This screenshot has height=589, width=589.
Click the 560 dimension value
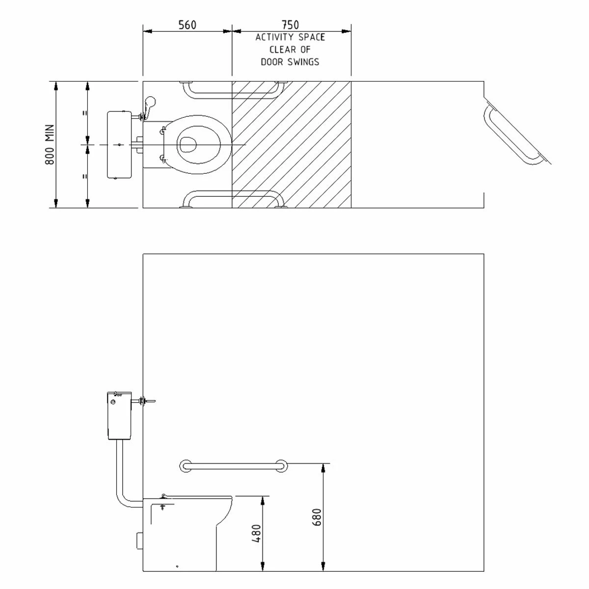pos(187,25)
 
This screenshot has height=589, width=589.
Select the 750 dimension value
pos(291,25)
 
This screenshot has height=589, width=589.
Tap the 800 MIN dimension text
pos(50,144)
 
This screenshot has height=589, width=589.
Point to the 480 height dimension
pos(256,534)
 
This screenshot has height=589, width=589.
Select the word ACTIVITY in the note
pos(273,37)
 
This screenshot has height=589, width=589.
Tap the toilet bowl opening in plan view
pos(187,144)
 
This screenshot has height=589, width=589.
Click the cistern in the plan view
pos(119,145)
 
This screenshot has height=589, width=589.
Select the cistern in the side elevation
pos(119,415)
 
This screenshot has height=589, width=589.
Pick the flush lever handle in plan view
pos(151,104)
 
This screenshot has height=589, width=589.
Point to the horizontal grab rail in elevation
pos(234,465)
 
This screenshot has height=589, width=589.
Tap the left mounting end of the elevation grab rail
pos(186,466)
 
